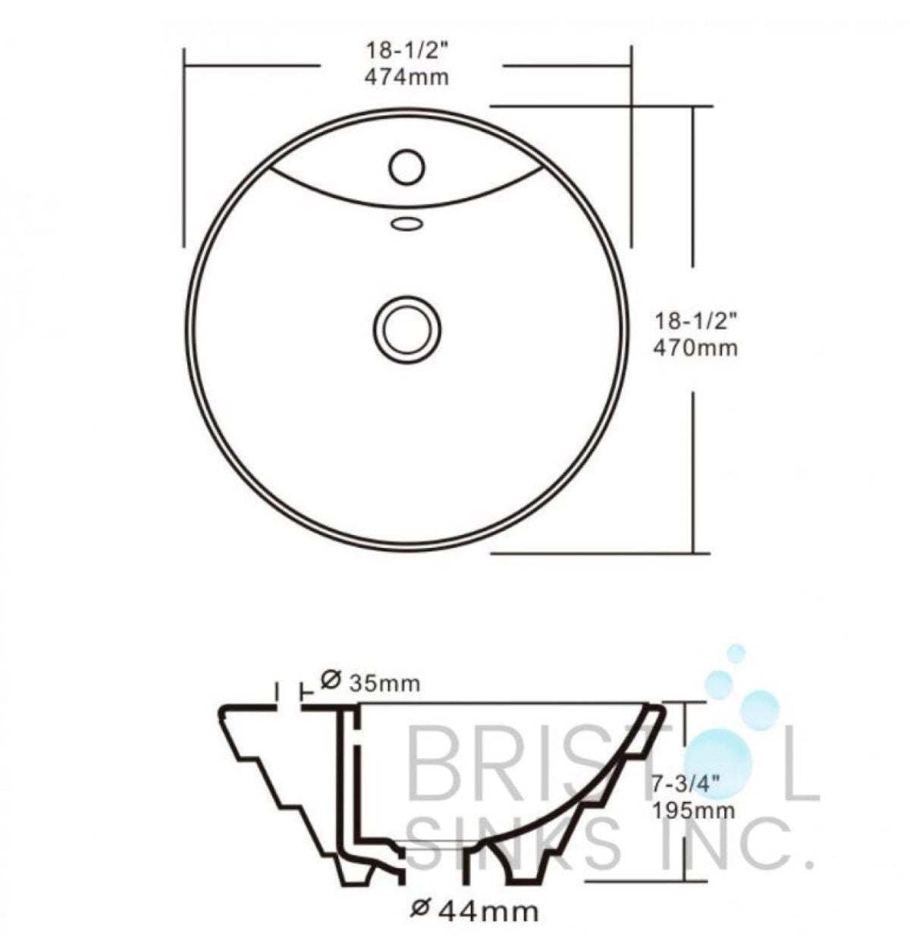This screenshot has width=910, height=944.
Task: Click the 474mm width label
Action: coord(406,77)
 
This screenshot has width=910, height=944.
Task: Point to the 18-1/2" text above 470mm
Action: coord(695,322)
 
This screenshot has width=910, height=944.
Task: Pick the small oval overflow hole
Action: coord(406,223)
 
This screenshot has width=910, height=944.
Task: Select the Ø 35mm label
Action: coord(369,682)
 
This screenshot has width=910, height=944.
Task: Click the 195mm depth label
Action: coord(694,810)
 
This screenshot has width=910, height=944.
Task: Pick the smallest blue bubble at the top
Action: coord(735,653)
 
